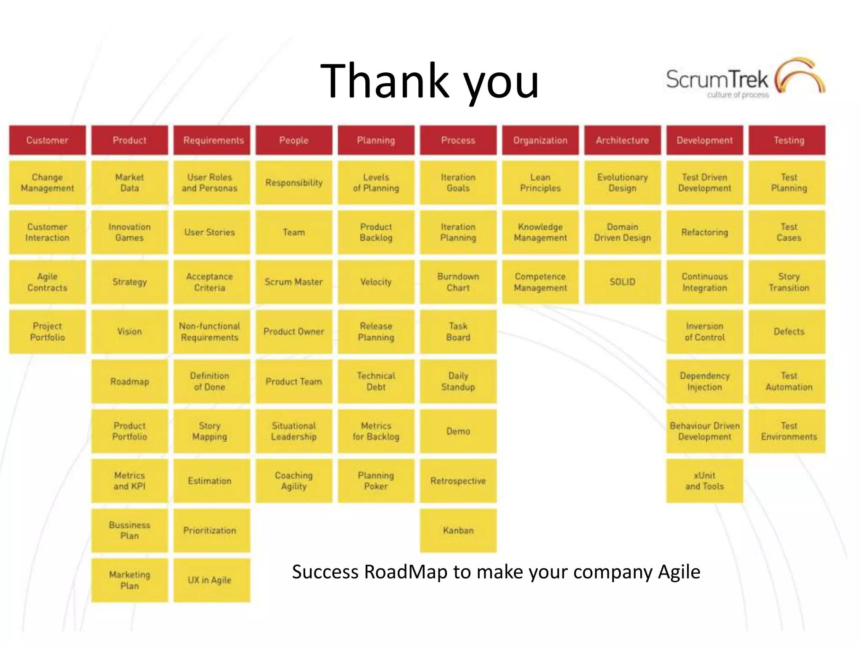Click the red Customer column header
pos(47,140)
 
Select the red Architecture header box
pos(622,140)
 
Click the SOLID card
pos(622,282)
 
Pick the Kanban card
pos(458,530)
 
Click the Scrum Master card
pos(293,282)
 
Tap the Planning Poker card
pos(376,481)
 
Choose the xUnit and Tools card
pos(704,481)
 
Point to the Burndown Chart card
pos(458,282)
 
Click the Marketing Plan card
pos(129,580)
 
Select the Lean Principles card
pos(540,183)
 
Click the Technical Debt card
pos(376,381)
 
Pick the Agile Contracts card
pos(47,282)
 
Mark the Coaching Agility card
pos(293,481)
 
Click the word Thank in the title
pos(385,81)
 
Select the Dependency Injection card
pos(704,381)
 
